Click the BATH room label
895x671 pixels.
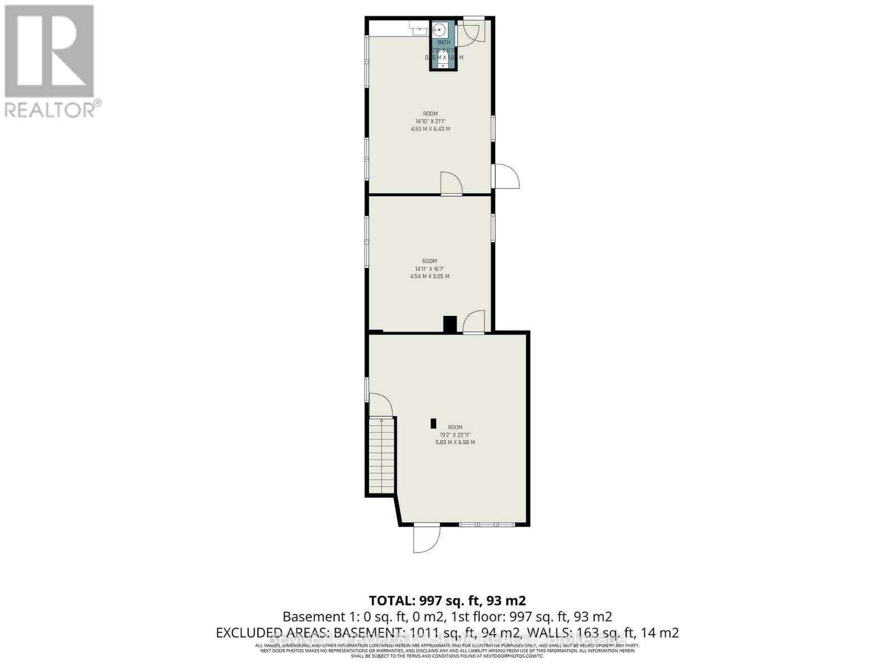pos(444,42)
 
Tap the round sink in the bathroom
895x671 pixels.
pos(440,29)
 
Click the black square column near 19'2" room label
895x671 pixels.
pos(434,423)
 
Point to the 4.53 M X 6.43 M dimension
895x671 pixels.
pos(430,129)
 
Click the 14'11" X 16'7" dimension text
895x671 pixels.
pos(430,269)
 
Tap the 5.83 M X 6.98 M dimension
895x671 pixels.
pos(455,442)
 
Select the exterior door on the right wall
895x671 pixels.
pos(505,176)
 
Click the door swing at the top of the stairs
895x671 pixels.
pos(379,404)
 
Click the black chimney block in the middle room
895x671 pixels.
pos(450,324)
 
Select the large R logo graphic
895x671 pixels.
pos(49,51)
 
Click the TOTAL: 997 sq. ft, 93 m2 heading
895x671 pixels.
pos(447,601)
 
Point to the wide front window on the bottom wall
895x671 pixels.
pos(487,524)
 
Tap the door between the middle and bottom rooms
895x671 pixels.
pos(474,322)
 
